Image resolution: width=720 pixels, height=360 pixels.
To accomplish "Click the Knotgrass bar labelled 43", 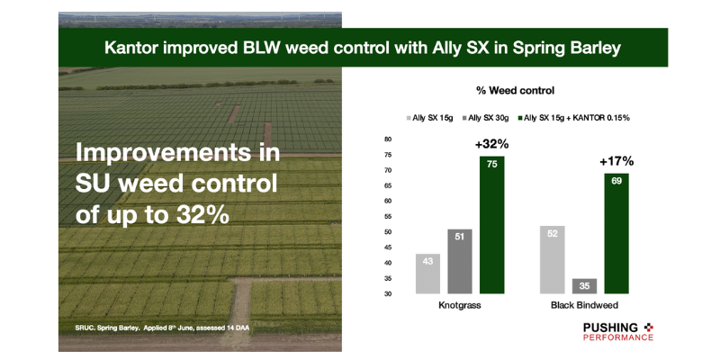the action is tap(427, 274).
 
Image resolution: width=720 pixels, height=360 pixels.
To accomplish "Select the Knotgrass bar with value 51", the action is tap(460, 261).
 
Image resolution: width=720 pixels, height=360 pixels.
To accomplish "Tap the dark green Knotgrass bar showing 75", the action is tap(491, 225).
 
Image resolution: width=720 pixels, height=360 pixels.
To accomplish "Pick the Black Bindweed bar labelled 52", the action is tap(553, 260).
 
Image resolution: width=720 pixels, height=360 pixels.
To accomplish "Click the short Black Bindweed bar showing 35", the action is tap(584, 286).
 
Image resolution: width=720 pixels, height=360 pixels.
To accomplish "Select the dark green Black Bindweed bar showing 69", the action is tap(616, 234).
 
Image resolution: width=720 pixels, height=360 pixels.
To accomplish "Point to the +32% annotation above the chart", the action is tap(491, 145).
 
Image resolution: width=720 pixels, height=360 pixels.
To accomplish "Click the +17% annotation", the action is tap(616, 162).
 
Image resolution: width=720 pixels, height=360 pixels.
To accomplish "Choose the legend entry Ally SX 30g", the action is tap(486, 118).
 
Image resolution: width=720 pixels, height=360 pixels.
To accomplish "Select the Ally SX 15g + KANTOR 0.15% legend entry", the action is tap(573, 118).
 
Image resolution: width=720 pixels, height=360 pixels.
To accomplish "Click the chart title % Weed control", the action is tap(515, 91).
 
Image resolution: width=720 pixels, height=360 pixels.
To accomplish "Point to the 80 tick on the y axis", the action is tap(388, 139).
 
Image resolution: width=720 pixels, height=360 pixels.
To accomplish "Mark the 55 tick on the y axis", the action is tap(388, 216).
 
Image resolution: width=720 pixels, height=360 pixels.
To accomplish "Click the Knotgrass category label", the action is tap(460, 305).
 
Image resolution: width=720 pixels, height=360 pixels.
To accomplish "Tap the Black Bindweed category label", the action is tap(584, 305).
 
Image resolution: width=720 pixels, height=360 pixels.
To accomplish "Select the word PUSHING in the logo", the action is tap(610, 328).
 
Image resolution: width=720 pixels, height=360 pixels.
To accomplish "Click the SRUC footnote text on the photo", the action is tap(162, 328).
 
